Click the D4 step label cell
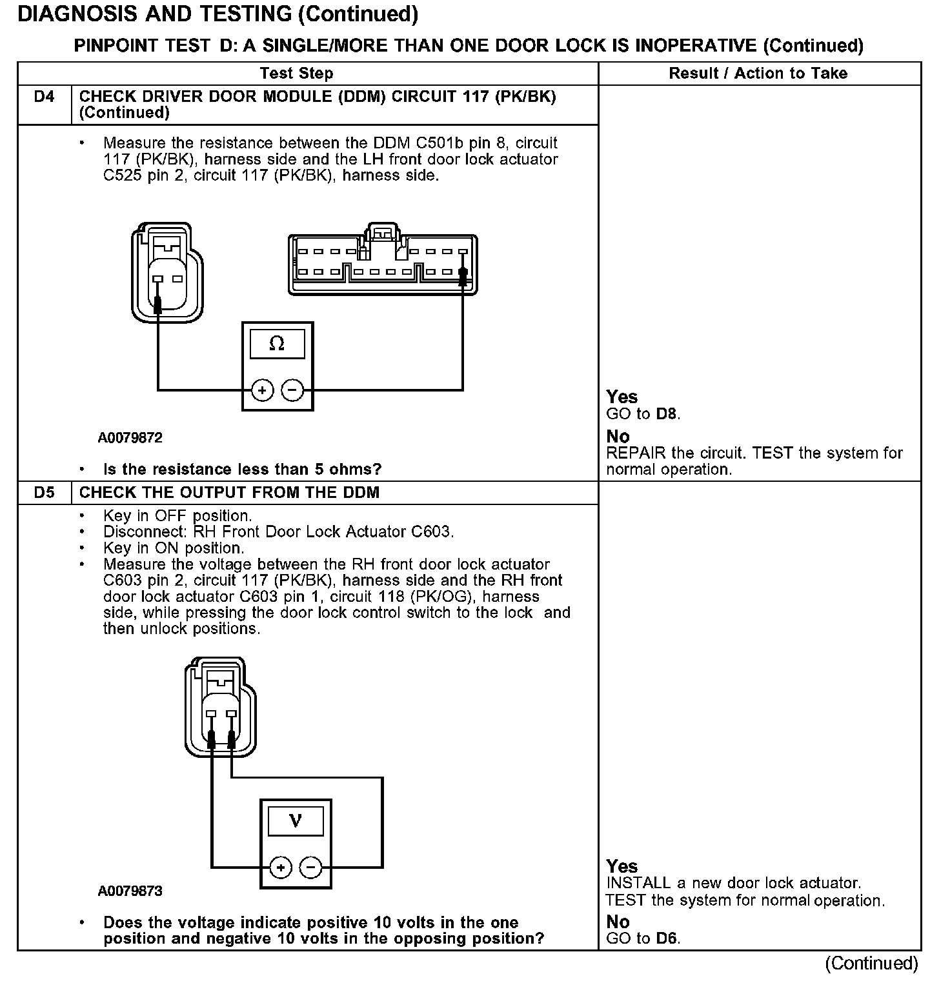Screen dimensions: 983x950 pos(44,97)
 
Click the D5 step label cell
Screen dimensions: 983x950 pos(44,493)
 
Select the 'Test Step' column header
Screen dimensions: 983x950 pos(296,74)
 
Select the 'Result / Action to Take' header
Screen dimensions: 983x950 pos(758,74)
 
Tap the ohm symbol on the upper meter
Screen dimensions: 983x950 pos(277,344)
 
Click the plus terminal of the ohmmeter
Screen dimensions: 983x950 pos(262,390)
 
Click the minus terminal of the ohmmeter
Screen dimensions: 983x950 pos(292,390)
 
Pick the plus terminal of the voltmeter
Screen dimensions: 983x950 pos(281,868)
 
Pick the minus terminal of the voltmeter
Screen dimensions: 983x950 pos(311,868)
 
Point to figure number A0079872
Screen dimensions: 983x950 pos(130,438)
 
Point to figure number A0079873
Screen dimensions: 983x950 pos(130,891)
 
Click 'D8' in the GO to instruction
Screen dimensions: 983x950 pos(667,414)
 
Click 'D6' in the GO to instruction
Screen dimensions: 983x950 pos(667,938)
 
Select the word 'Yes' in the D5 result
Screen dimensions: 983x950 pos(622,866)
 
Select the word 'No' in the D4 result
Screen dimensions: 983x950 pos(618,437)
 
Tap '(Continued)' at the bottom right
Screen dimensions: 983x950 pos(871,963)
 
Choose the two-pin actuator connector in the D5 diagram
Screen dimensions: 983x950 pos(220,710)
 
